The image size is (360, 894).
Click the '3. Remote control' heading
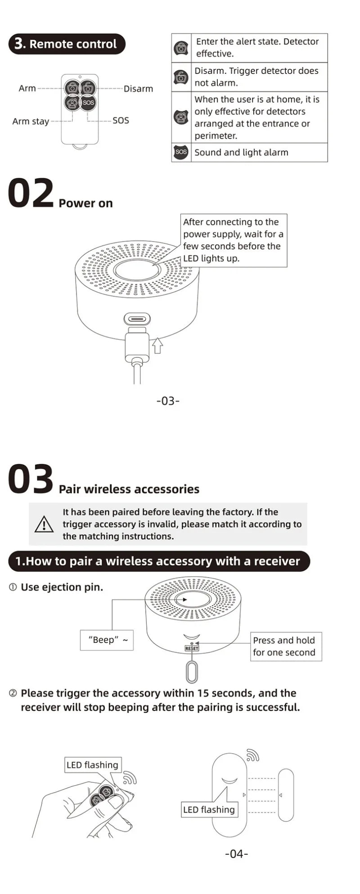pyautogui.click(x=67, y=44)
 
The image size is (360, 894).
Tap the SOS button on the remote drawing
pyautogui.click(x=89, y=103)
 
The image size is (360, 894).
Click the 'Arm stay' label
pyautogui.click(x=31, y=121)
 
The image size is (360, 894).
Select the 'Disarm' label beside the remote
pyautogui.click(x=138, y=89)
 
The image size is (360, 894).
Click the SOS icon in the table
pyautogui.click(x=181, y=152)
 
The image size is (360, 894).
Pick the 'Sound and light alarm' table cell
pyautogui.click(x=241, y=152)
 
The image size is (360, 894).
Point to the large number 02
pyautogui.click(x=31, y=194)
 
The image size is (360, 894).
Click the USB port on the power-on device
pyautogui.click(x=137, y=320)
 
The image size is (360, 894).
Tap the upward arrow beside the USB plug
pyautogui.click(x=157, y=345)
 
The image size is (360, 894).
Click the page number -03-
pyautogui.click(x=168, y=400)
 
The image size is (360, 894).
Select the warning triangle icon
pyautogui.click(x=44, y=524)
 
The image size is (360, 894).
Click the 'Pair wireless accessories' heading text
pyautogui.click(x=129, y=489)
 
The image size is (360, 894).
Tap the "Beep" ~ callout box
pyautogui.click(x=107, y=640)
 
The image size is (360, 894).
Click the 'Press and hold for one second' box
pyautogui.click(x=285, y=646)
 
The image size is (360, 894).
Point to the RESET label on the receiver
pyautogui.click(x=192, y=649)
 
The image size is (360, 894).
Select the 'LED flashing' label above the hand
pyautogui.click(x=92, y=765)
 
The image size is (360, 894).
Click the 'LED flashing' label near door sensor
pyautogui.click(x=209, y=809)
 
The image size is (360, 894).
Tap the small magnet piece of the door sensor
pyautogui.click(x=286, y=795)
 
